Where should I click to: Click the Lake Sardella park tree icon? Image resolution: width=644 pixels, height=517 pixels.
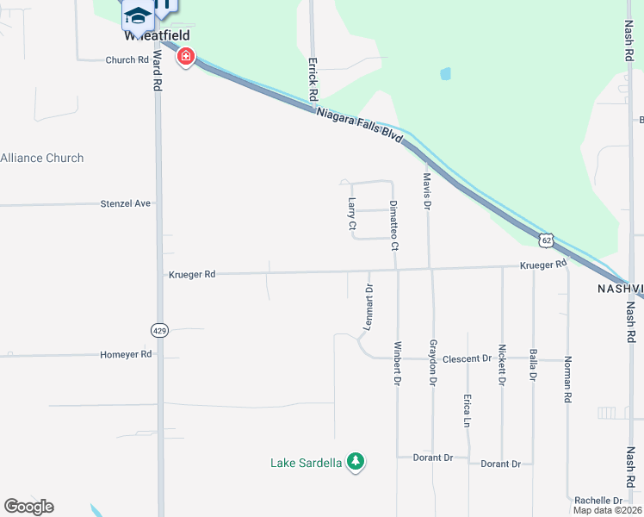(x=355, y=463)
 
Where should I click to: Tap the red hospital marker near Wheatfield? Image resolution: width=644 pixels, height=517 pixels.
(x=185, y=58)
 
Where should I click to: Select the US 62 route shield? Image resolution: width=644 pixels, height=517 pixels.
(x=546, y=239)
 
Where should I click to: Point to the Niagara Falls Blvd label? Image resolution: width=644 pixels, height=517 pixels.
(x=359, y=127)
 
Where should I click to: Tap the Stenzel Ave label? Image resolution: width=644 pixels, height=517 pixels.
(x=125, y=203)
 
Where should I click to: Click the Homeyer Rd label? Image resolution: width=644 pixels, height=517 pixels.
(x=126, y=354)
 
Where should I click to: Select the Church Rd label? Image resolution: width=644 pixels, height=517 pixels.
(x=127, y=60)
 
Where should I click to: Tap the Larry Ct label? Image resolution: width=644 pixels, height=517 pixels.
(x=352, y=214)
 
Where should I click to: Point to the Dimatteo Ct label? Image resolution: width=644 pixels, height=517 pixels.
(x=393, y=225)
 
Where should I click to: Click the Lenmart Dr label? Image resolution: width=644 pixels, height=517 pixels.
(x=368, y=308)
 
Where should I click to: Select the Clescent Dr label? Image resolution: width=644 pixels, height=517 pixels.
(x=467, y=358)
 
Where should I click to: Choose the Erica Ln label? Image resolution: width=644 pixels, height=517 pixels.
(x=467, y=411)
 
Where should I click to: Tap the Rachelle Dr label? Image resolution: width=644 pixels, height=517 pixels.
(x=598, y=501)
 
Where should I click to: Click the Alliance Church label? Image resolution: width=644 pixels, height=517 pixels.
(x=42, y=158)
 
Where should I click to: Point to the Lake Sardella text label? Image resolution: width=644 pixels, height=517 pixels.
(x=307, y=463)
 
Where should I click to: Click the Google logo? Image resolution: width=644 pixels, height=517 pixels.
(x=28, y=507)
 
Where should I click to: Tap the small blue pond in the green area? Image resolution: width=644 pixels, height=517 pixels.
(x=445, y=73)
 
